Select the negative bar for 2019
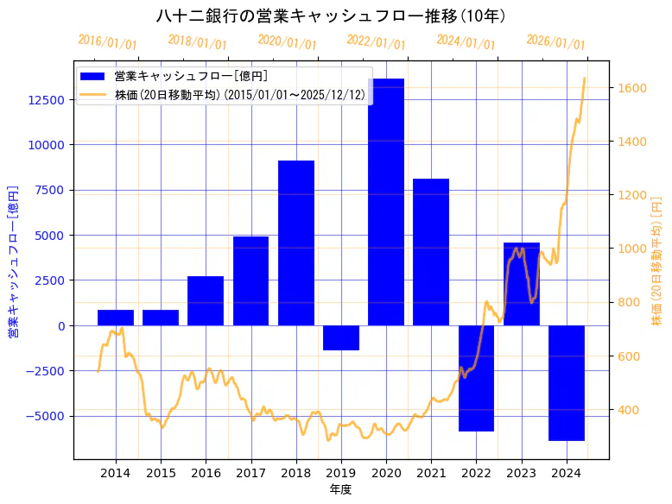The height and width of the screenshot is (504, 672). [x=341, y=337]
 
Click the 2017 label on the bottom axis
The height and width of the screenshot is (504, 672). [x=250, y=472]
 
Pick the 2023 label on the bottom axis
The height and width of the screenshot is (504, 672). [x=521, y=472]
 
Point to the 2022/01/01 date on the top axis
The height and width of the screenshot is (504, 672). [x=376, y=42]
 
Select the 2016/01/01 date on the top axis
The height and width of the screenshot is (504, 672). [x=107, y=42]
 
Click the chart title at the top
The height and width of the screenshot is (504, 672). [x=332, y=16]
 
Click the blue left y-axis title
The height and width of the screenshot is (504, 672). [x=13, y=261]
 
